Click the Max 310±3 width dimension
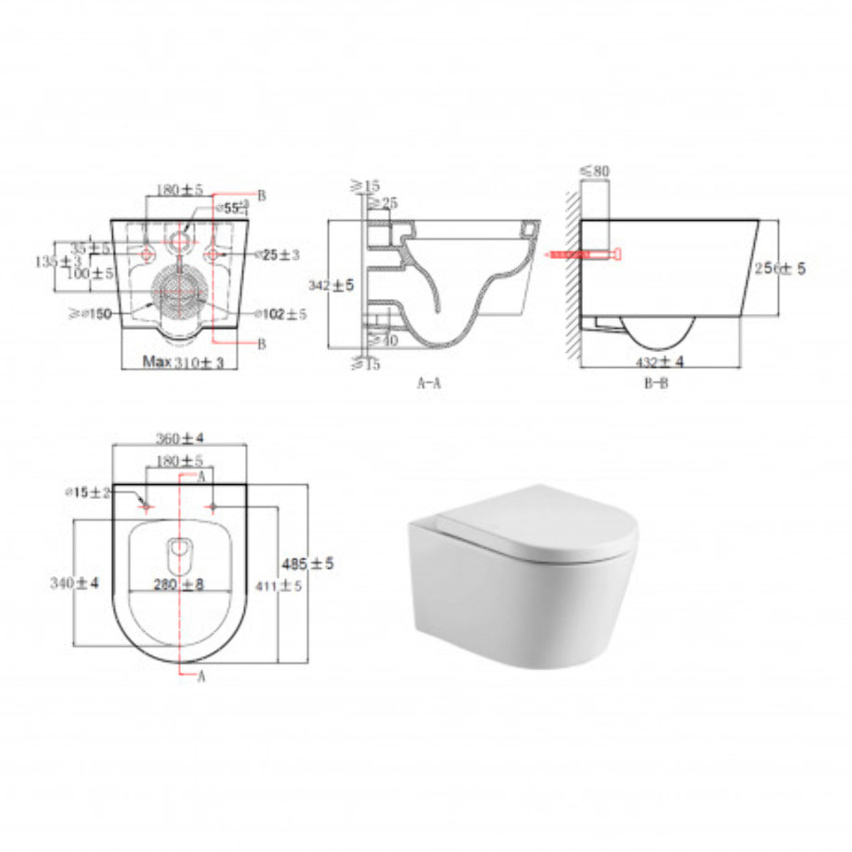point(183,362)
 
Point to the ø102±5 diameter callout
point(280,314)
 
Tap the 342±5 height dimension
point(331,285)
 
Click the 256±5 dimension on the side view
point(780,269)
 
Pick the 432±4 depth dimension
point(660,362)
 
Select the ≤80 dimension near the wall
point(594,171)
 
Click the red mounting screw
point(581,253)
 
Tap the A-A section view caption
point(429,383)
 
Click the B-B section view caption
point(655,383)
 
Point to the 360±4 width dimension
point(180,439)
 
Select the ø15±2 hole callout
point(87,493)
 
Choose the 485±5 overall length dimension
point(307,564)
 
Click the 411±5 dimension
point(278,586)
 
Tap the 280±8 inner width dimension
point(180,584)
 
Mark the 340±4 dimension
point(74,584)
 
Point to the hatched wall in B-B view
point(572,277)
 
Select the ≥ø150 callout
point(89,314)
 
